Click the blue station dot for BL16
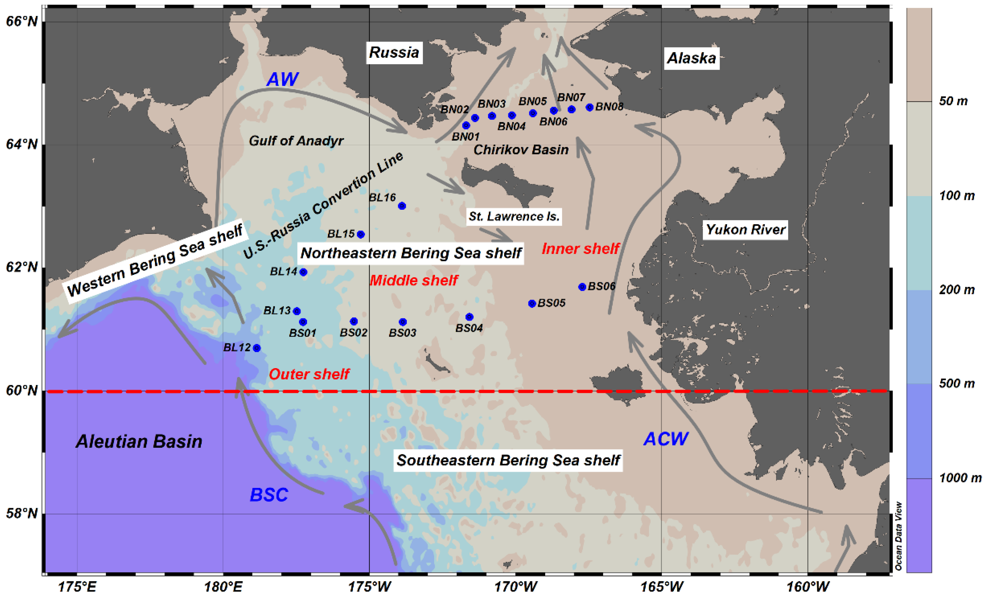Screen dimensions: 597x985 click(x=402, y=206)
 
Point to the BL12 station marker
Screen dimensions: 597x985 click(x=257, y=348)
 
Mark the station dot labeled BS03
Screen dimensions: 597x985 click(x=403, y=322)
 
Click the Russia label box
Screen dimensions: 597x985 click(x=394, y=52)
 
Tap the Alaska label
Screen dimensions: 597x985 click(x=692, y=58)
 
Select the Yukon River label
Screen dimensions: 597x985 click(x=745, y=230)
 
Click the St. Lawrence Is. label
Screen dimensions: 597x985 click(x=514, y=217)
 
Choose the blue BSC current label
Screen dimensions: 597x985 click(x=269, y=495)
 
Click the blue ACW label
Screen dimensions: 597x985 click(x=666, y=439)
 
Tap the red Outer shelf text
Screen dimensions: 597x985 click(x=309, y=374)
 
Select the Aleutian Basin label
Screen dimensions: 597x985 click(x=139, y=442)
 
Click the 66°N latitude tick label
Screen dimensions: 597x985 click(x=22, y=21)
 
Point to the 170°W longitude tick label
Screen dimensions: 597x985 click(x=515, y=587)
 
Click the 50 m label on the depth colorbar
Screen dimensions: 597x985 click(x=953, y=101)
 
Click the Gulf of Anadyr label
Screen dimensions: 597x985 click(x=296, y=141)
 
